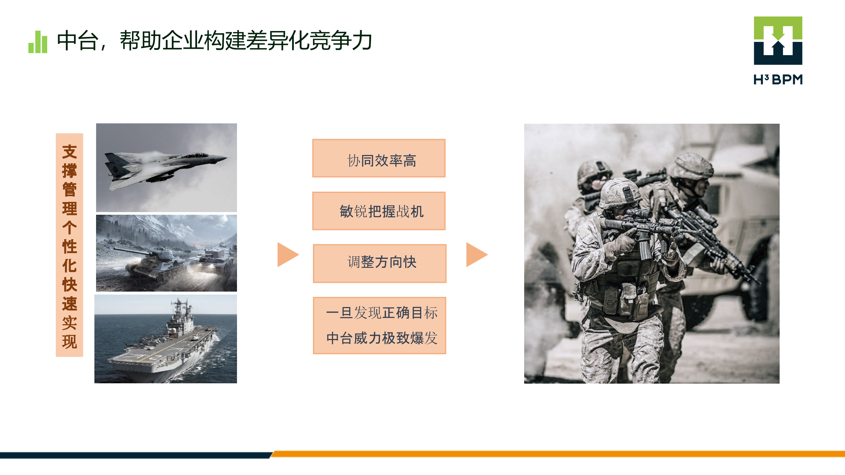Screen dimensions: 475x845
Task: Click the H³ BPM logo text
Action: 778,79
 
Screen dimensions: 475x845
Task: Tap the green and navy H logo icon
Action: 778,41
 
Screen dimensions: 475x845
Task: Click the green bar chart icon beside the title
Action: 38,42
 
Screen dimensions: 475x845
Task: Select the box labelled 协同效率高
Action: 379,158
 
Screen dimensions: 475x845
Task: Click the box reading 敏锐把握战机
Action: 379,211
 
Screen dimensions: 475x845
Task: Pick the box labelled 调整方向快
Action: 379,263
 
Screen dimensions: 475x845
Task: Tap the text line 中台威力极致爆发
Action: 382,338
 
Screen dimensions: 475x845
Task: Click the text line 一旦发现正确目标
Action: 382,313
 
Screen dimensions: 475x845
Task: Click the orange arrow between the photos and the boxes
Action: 287,255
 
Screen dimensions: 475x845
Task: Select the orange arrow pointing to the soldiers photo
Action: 476,255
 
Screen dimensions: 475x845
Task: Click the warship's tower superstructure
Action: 180,317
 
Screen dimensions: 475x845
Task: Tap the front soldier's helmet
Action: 619,193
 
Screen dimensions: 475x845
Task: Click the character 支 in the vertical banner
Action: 69,152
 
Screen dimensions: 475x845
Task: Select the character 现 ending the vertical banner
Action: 69,342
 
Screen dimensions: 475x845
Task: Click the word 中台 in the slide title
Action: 78,41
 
